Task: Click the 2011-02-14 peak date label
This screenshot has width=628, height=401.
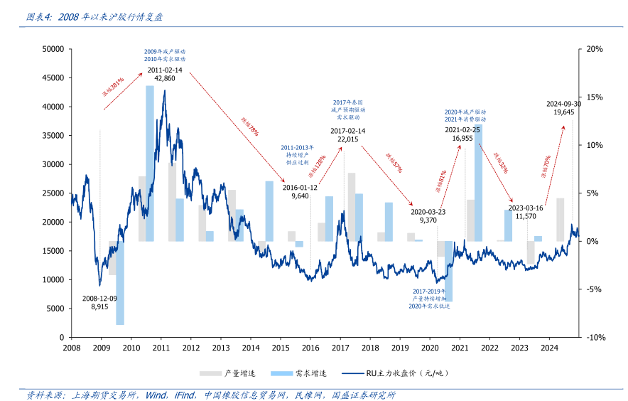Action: point(165,70)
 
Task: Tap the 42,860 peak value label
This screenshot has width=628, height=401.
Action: point(165,78)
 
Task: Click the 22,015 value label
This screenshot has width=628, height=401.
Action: point(347,139)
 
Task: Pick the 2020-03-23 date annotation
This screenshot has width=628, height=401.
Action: point(428,212)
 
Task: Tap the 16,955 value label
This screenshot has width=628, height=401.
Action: point(462,139)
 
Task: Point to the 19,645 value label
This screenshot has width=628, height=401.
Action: point(563,112)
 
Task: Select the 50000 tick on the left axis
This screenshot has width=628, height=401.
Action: point(54,49)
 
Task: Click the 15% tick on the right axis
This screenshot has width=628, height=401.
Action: point(595,97)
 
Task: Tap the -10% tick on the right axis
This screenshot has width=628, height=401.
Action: point(594,337)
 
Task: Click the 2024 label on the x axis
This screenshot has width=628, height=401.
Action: point(549,348)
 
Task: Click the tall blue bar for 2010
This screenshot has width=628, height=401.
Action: point(150,163)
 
